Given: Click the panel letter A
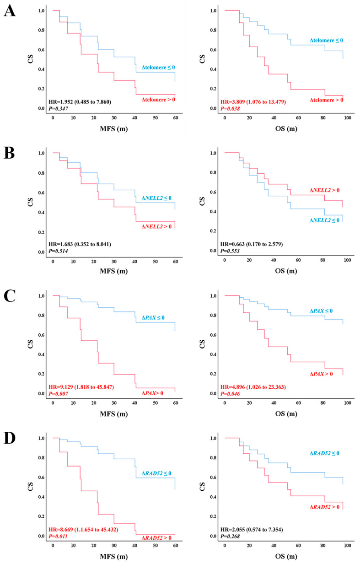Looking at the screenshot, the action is (10, 11).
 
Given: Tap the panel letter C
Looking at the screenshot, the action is (10, 296).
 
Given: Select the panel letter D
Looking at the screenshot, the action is (10, 438).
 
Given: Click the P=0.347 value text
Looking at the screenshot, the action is (58, 108).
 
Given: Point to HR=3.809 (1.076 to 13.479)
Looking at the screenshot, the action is (253, 102).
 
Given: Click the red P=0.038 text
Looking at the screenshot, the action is (230, 108).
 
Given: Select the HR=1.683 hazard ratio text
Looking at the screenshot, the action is (80, 244).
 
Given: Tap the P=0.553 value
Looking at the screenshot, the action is (230, 251).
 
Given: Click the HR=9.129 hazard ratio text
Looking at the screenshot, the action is (81, 387).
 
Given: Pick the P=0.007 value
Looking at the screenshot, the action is (58, 394).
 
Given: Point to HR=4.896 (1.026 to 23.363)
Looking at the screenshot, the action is (253, 387).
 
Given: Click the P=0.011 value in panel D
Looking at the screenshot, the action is (58, 536).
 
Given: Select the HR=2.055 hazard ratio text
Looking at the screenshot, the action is (252, 530).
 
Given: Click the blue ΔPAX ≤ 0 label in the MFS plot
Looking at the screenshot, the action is (153, 318).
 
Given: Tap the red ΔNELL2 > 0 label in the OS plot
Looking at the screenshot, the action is (325, 190).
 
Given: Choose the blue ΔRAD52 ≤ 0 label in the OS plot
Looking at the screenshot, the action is (325, 453).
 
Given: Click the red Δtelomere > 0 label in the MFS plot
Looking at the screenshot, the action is (158, 100).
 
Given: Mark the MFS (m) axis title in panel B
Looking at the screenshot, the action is (114, 271).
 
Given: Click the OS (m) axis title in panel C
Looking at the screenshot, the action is (286, 414).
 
